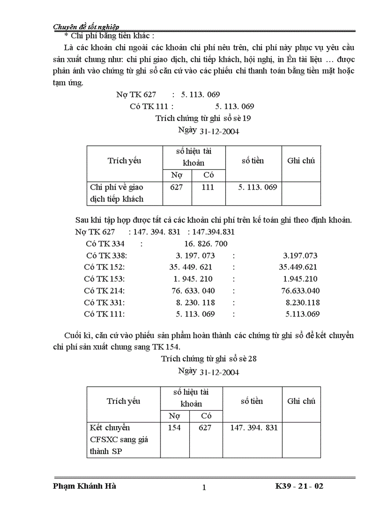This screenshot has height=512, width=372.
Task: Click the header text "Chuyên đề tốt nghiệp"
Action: (87, 26)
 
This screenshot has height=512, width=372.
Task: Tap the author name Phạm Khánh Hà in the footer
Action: (84, 486)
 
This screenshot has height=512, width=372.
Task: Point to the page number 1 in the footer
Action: (204, 487)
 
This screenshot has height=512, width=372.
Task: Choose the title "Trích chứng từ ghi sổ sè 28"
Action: (209, 359)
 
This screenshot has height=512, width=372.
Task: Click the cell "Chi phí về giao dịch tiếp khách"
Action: (117, 193)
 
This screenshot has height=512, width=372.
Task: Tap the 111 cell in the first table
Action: (207, 187)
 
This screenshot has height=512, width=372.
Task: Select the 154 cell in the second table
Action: (174, 428)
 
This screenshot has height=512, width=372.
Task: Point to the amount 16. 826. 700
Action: (207, 244)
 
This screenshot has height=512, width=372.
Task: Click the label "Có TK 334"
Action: (105, 244)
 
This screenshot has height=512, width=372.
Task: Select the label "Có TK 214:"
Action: (104, 290)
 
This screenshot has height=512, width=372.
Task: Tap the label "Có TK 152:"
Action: (104, 267)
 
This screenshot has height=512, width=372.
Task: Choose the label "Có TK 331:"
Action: (104, 302)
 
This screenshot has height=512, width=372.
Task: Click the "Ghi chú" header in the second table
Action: (301, 401)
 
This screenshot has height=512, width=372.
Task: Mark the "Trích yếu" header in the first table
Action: (124, 160)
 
